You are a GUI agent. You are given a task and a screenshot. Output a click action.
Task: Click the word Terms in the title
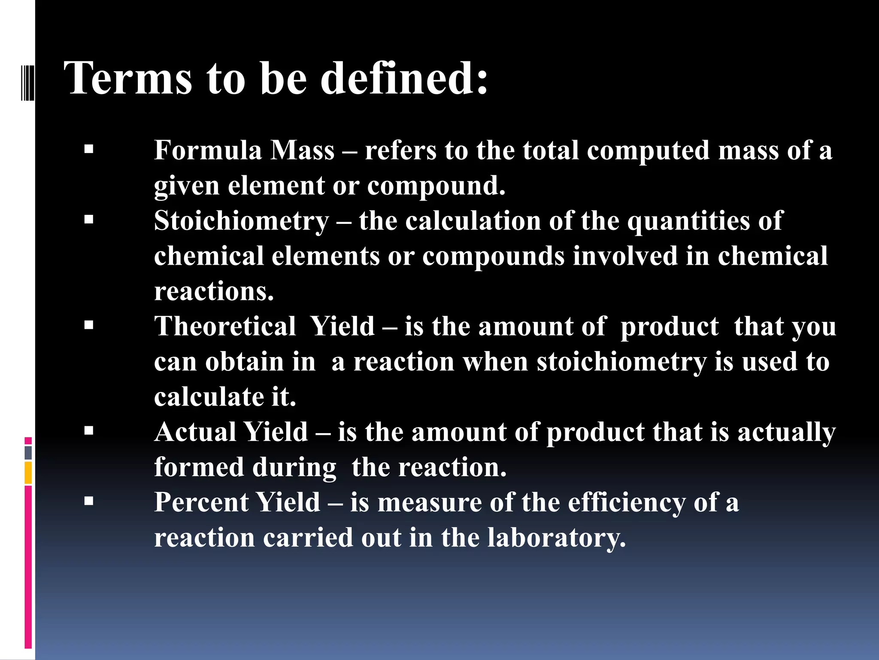pyautogui.click(x=128, y=78)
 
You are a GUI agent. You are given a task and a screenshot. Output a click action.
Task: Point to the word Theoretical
pyautogui.click(x=225, y=326)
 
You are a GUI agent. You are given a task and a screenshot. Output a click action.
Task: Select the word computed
pyautogui.click(x=648, y=151)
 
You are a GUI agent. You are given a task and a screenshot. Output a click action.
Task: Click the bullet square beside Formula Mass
pyautogui.click(x=89, y=150)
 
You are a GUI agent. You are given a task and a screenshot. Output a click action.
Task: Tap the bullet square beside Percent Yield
pyautogui.click(x=89, y=501)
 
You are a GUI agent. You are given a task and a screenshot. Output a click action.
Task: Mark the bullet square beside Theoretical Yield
pyautogui.click(x=89, y=325)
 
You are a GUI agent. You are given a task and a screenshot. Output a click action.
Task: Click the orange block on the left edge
pyautogui.click(x=28, y=473)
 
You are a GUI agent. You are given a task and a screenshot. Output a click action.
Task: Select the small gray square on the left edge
pyautogui.click(x=28, y=452)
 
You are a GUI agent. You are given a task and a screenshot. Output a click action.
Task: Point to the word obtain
pyautogui.click(x=244, y=362)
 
